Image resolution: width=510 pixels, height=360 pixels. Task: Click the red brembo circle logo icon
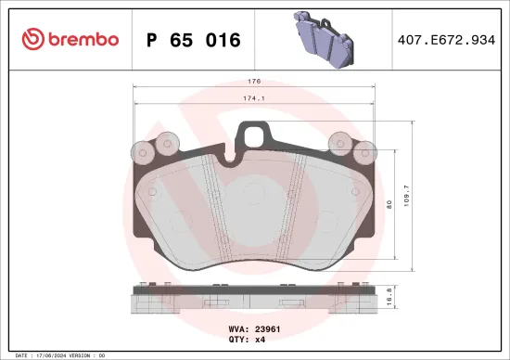point(32,40)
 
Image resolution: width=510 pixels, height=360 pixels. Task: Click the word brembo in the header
point(83,40)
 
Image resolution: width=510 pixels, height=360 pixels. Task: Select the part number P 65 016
point(194,41)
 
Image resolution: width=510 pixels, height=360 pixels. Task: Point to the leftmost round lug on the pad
point(142,151)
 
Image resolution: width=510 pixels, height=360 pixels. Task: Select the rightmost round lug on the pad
point(367,151)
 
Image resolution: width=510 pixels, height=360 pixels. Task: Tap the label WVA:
point(237,329)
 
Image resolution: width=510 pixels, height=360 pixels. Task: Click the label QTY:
point(237,340)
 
